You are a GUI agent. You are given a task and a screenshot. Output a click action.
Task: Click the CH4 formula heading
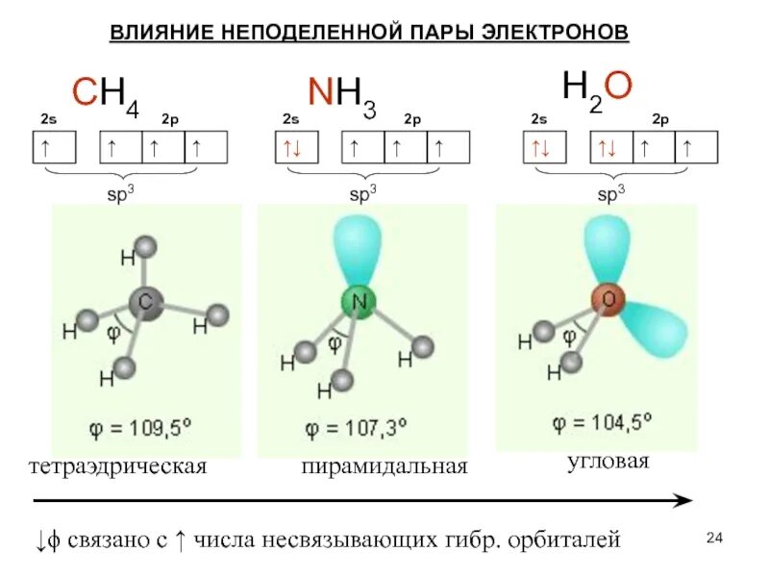pyautogui.click(x=106, y=94)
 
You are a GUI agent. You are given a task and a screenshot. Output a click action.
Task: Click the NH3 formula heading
pyautogui.click(x=341, y=94)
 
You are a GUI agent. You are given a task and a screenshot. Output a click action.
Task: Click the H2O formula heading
pyautogui.click(x=596, y=89)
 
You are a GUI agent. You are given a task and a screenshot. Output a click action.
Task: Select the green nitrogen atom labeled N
pyautogui.click(x=359, y=303)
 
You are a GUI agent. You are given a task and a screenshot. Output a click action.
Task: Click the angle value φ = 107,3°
pyautogui.click(x=357, y=426)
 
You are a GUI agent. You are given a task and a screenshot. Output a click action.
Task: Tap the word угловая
pyautogui.click(x=608, y=462)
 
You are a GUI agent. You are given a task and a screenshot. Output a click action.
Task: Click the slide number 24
pyautogui.click(x=713, y=537)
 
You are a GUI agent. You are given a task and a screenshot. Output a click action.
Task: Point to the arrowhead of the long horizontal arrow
pyautogui.click(x=682, y=500)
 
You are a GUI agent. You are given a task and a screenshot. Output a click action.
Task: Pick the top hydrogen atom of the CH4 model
pyautogui.click(x=145, y=248)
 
